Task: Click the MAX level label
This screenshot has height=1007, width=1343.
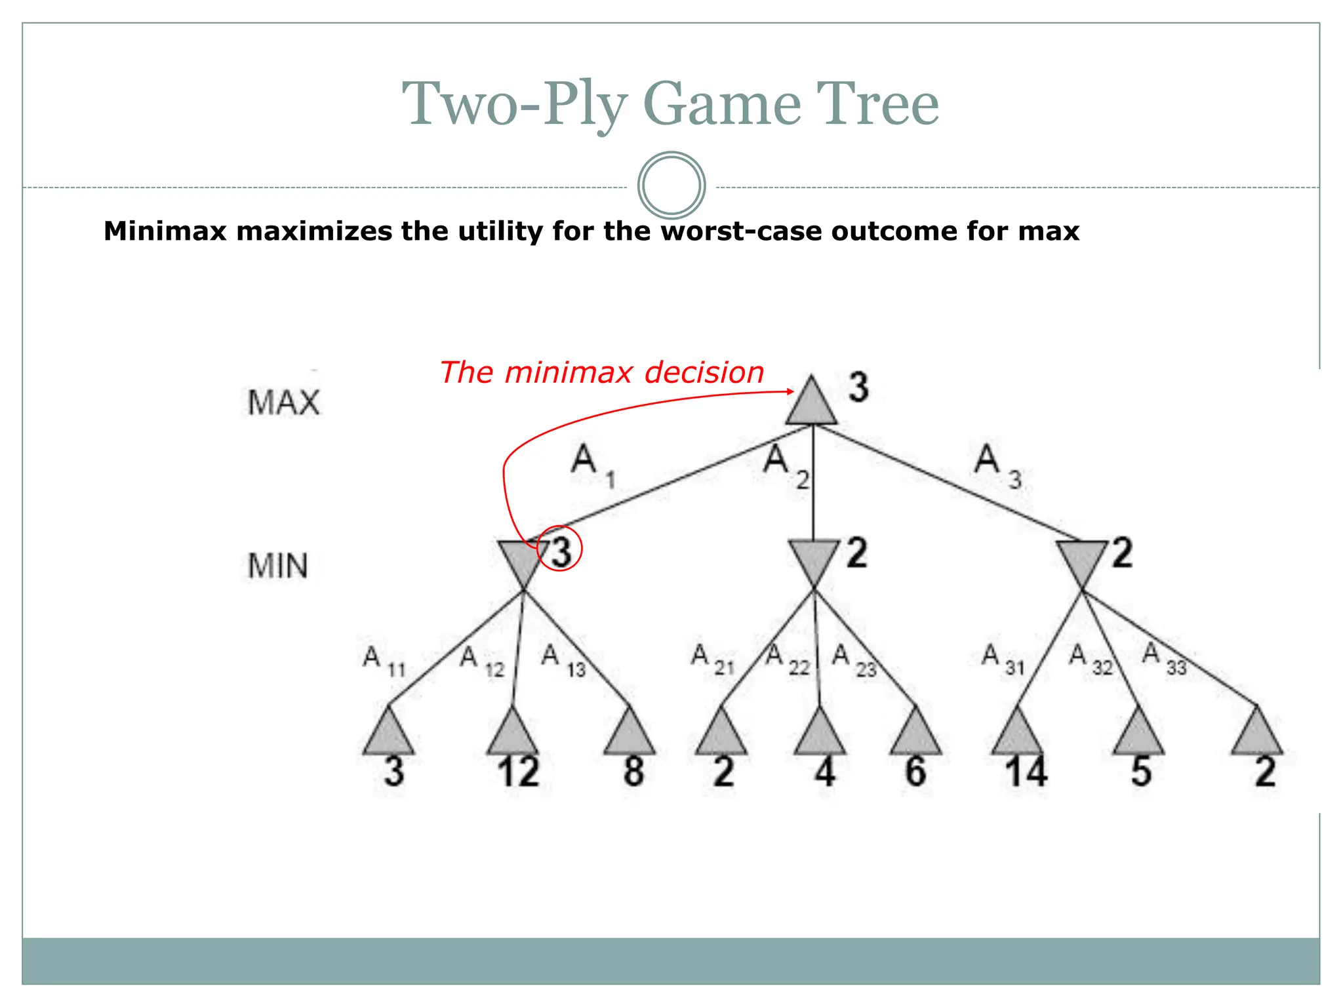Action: tap(283, 402)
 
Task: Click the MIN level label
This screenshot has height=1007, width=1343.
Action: tap(277, 565)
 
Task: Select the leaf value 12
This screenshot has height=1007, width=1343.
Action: tap(518, 772)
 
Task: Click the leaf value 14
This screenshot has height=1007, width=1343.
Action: tap(1026, 772)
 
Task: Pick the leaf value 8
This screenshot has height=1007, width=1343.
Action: tap(633, 772)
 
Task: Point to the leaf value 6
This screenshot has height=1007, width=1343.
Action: tap(915, 772)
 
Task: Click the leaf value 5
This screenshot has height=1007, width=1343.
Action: tap(1141, 772)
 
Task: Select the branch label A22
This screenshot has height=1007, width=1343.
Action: tap(788, 658)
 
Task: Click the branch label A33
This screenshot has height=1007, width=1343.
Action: tap(1165, 658)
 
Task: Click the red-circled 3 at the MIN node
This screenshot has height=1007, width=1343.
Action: tap(561, 551)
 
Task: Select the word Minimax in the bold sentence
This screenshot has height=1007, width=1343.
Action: tap(165, 231)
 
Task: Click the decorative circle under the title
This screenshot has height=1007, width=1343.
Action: tap(671, 186)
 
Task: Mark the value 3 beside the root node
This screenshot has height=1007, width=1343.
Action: tap(858, 387)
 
